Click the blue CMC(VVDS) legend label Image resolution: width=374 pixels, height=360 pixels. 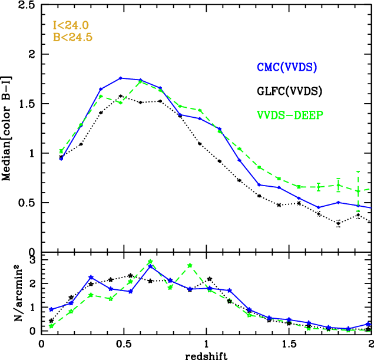(287, 68)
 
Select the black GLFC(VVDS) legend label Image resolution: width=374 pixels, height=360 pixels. (290, 91)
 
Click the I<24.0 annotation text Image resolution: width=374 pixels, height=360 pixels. (69, 26)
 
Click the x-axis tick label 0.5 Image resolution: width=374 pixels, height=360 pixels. (124, 342)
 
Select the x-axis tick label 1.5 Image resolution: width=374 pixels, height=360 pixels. (289, 342)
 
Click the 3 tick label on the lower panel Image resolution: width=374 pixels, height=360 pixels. (34, 260)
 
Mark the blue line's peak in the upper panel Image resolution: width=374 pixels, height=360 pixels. (120, 78)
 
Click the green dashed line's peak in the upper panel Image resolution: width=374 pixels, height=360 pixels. (140, 82)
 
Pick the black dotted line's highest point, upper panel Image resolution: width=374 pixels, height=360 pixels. (121, 95)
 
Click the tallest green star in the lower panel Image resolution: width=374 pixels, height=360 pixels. (150, 262)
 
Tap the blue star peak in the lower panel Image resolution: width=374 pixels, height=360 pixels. (150, 266)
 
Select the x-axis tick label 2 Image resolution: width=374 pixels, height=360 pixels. (370, 342)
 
